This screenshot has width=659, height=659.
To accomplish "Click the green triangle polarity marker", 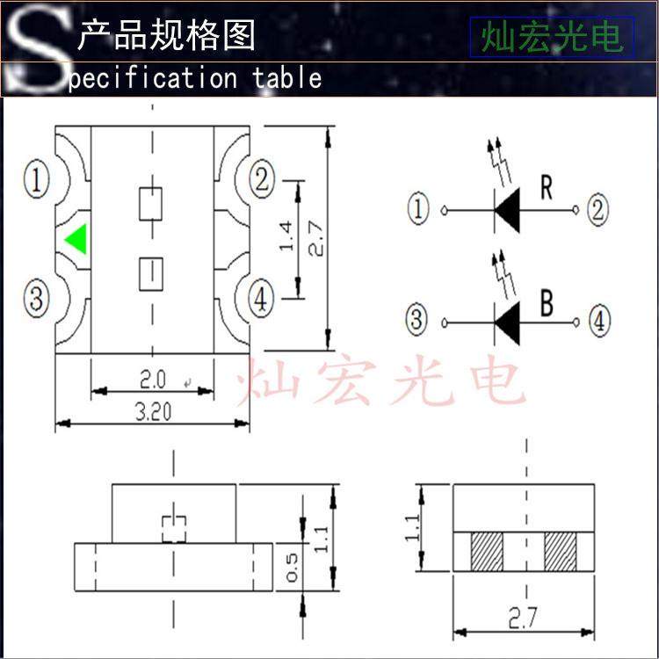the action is [76, 240].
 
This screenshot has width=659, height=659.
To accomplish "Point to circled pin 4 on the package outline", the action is [261, 301].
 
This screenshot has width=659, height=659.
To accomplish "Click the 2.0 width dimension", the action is [152, 380].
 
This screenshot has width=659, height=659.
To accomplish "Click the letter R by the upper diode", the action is [547, 190].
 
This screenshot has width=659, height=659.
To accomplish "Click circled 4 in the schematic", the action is [598, 322].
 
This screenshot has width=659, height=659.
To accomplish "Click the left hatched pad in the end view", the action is [486, 552].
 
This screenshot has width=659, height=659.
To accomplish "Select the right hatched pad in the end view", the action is [560, 552].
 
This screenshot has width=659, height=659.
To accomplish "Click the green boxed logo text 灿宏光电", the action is [551, 37].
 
